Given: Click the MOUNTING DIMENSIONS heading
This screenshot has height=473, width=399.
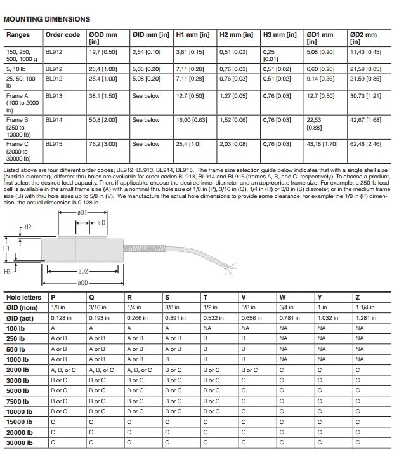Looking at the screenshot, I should [x=47, y=20].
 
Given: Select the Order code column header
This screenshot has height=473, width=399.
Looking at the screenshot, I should [x=63, y=35].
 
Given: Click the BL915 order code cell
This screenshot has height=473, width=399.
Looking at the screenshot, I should [x=55, y=145].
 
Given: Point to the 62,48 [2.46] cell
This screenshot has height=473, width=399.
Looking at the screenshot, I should [x=365, y=145].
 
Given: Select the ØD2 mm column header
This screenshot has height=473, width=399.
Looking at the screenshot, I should [x=363, y=35].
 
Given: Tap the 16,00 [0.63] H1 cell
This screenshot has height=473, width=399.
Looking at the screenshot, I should [x=189, y=120].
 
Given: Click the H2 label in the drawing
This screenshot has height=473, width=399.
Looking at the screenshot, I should [x=27, y=227].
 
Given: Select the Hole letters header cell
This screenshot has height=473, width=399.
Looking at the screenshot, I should [x=23, y=297].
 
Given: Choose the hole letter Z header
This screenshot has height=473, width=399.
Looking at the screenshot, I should [x=358, y=297].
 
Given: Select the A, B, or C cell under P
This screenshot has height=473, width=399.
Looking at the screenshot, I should [x=63, y=370].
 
